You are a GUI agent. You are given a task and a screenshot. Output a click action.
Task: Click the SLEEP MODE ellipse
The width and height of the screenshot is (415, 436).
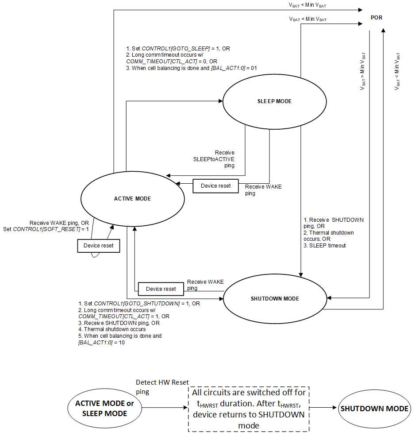point(274,101)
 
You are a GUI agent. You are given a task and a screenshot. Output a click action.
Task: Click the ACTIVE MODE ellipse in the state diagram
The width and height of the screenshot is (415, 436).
point(132,199)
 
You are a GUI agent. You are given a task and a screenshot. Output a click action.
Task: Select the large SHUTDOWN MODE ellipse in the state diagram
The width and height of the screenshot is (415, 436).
point(275,298)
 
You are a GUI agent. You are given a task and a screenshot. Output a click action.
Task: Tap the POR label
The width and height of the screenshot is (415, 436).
point(377,18)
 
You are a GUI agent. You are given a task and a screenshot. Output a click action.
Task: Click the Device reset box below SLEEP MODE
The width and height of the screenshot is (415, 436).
point(215,186)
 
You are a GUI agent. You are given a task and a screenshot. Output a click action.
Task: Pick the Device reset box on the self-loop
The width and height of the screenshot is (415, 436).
point(98,246)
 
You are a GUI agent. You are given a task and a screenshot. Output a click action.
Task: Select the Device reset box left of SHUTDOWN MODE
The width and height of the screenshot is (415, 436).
point(161,289)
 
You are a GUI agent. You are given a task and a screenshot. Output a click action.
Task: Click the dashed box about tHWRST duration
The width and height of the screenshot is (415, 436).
point(249,409)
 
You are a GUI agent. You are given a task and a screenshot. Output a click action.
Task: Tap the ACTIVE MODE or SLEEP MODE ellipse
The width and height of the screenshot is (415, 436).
point(104,409)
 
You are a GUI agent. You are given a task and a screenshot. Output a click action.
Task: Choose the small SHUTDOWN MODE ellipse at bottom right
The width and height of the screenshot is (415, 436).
point(374,409)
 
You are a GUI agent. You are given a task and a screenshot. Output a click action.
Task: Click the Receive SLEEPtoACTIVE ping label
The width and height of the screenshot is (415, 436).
point(220,159)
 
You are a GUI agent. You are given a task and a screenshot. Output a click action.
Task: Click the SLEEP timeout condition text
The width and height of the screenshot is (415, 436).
point(325,245)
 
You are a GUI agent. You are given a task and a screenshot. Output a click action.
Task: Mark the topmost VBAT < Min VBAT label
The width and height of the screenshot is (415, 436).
point(308,5)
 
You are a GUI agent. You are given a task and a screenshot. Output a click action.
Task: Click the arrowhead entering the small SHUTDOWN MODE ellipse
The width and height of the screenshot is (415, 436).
point(335,409)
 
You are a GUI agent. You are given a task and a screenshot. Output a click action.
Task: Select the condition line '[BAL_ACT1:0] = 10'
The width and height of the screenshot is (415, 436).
point(101,343)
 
